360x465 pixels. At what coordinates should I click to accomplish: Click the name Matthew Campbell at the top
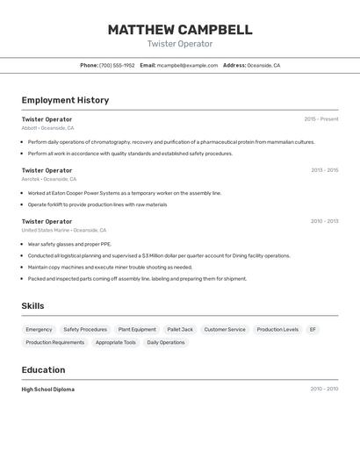point(180,30)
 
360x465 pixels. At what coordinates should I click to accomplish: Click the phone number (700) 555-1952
point(117,65)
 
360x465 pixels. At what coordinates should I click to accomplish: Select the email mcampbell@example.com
point(187,65)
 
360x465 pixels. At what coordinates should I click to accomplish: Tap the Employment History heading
point(65,100)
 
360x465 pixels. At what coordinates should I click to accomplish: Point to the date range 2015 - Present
point(321,119)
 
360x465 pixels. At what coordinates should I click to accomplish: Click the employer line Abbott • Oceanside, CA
point(47,128)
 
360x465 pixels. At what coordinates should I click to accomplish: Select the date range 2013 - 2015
point(324,170)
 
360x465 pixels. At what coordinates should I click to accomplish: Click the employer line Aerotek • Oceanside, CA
point(49,179)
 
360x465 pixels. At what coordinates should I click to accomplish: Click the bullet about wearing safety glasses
point(69,244)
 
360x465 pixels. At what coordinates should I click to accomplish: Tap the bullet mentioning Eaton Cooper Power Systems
point(125,193)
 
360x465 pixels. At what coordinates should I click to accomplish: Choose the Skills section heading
point(32,306)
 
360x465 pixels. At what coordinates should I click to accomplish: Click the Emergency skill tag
point(39,330)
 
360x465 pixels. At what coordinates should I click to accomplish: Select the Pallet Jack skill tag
point(180,330)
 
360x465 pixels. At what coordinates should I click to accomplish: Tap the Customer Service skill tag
point(225,330)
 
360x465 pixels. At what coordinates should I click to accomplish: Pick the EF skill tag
point(313,330)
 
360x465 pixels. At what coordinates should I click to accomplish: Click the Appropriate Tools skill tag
point(116,342)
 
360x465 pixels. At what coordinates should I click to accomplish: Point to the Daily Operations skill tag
point(166,342)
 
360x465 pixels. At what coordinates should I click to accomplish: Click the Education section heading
point(43,369)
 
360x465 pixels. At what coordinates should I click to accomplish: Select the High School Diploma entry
point(48,390)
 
